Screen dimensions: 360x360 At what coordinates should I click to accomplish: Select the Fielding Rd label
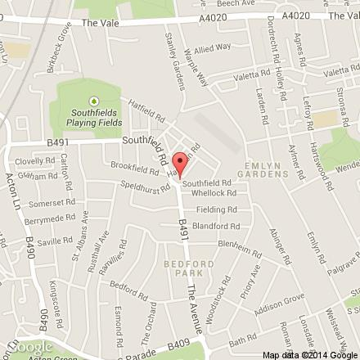tap(223, 210)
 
